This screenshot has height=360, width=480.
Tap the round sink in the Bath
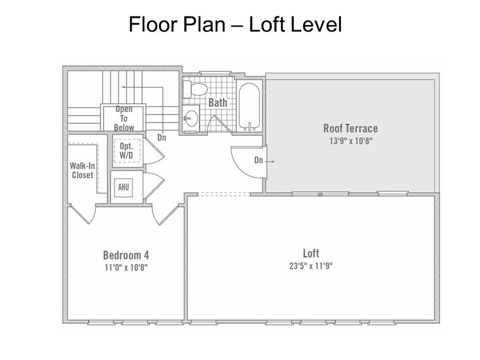coord(191,118)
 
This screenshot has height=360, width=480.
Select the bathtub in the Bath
coord(250,107)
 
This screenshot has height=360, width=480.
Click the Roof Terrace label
coord(350,129)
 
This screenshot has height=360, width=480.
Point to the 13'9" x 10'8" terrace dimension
coord(351,141)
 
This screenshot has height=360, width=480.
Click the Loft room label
coord(311,253)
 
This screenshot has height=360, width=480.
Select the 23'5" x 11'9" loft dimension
coord(311,266)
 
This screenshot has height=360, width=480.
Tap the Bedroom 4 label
coord(126,255)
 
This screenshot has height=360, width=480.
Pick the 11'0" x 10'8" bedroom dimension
coord(126,268)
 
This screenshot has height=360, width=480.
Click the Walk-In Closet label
coord(82,170)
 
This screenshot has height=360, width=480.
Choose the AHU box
coord(124,187)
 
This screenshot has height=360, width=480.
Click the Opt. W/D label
coord(126,151)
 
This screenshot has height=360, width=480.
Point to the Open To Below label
coord(124,119)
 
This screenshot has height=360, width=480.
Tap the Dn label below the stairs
coord(162,138)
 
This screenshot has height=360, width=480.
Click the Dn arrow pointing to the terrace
coord(269,162)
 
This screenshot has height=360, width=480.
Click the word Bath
coord(218,103)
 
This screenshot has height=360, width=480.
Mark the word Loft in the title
coord(266,24)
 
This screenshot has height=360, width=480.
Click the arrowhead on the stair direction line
coord(124,87)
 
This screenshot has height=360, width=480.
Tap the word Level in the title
coord(316,24)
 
